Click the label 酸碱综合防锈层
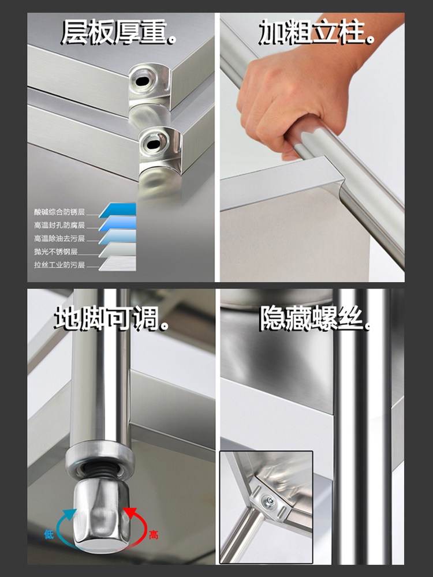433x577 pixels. [59, 212]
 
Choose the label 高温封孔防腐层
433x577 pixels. [59, 225]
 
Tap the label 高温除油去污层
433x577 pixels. [59, 238]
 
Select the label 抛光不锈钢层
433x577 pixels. [55, 252]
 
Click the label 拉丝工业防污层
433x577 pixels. [59, 265]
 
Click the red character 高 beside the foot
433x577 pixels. [153, 535]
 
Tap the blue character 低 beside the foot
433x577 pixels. [49, 534]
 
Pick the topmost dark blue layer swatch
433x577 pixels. [117, 210]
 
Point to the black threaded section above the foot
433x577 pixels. [100, 471]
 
